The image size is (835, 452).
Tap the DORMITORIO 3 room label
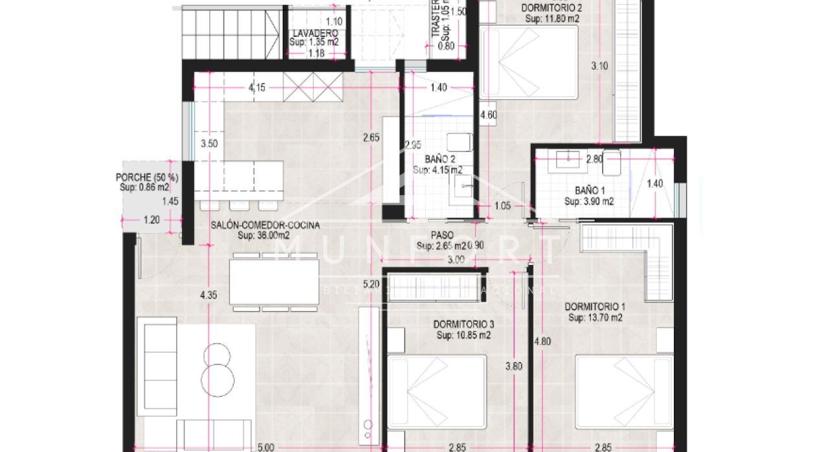(x=463, y=324)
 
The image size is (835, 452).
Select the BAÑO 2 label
(x=440, y=159)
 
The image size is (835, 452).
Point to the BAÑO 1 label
(x=588, y=191)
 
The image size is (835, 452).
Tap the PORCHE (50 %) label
(x=147, y=177)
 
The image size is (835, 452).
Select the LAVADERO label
(x=315, y=33)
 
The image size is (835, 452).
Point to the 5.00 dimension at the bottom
(x=265, y=447)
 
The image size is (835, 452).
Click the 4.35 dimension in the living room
(x=208, y=295)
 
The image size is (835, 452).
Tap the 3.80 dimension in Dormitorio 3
(x=513, y=366)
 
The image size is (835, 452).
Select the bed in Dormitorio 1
(x=624, y=392)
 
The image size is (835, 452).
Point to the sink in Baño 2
(x=463, y=188)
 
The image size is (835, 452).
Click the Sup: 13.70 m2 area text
(x=595, y=318)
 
